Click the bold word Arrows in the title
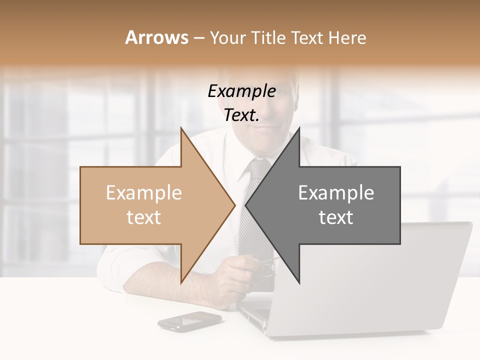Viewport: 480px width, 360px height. (x=156, y=37)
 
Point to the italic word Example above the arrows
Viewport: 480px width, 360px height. (x=242, y=91)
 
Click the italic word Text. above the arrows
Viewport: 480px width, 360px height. (x=242, y=115)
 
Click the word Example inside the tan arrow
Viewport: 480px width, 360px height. (x=144, y=193)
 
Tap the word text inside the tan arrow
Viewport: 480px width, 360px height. (x=144, y=217)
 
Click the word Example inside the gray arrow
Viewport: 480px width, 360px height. (x=336, y=193)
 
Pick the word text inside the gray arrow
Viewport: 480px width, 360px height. (x=336, y=217)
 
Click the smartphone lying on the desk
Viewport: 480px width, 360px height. (x=189, y=321)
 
